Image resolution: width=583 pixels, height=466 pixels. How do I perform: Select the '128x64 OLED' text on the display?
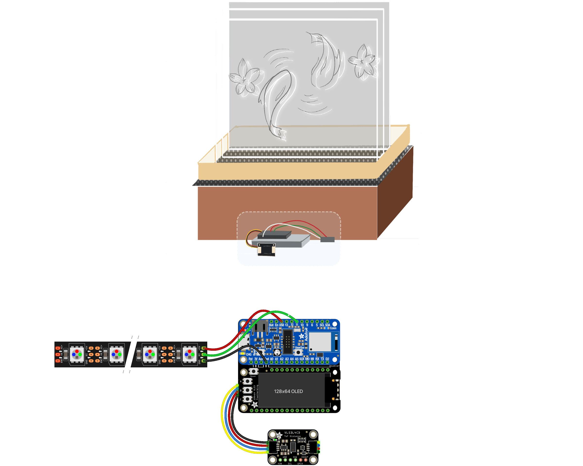coord(288,391)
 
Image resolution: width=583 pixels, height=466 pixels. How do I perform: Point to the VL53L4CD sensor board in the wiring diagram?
coord(293,447)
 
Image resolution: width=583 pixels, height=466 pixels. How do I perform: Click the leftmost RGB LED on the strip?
coord(77,354)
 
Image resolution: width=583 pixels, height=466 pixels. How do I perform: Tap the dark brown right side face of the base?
coord(395,195)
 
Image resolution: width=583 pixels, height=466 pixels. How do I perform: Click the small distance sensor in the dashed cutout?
coord(266,249)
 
